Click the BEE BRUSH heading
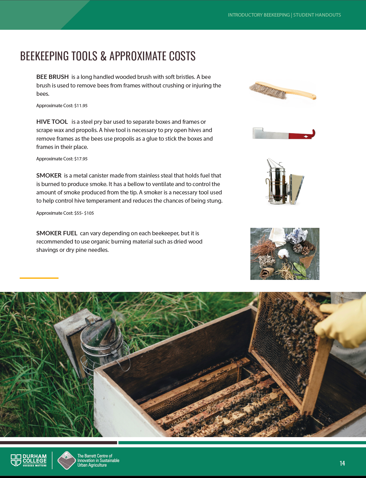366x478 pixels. point(53,77)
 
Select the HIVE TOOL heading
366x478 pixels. point(52,122)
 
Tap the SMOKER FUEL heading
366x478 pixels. point(57,233)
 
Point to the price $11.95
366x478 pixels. point(81,106)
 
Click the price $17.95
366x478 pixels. point(81,159)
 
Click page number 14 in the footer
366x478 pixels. point(342,463)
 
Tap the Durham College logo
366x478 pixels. point(29,460)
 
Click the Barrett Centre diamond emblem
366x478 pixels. point(67,460)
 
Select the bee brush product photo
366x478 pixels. point(283,91)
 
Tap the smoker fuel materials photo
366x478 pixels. point(285,254)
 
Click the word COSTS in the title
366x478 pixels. point(182,56)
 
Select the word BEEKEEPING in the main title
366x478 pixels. point(45,56)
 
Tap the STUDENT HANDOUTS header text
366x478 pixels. point(317,15)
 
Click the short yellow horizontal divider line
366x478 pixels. point(39,278)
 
